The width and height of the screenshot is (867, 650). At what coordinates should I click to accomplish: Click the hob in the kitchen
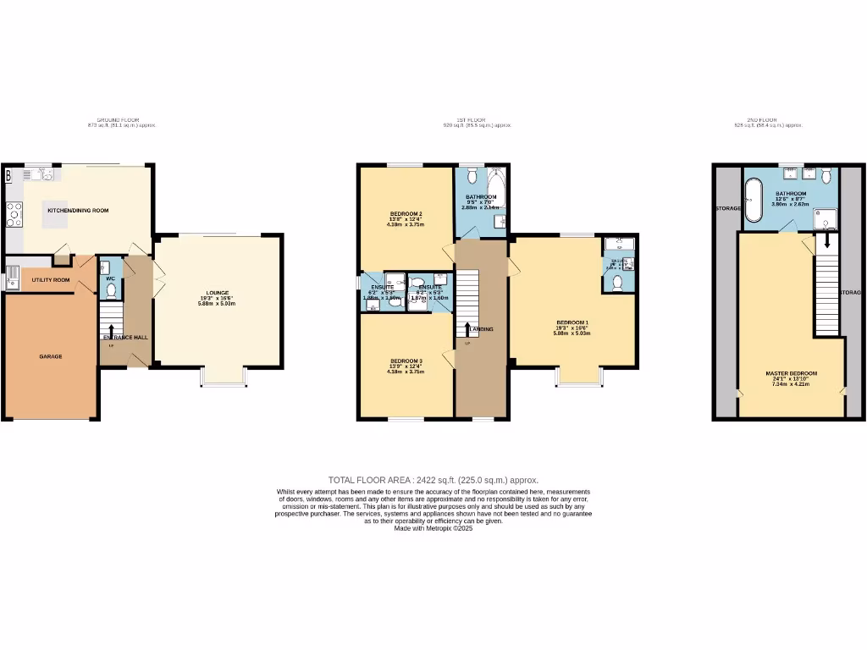(14, 216)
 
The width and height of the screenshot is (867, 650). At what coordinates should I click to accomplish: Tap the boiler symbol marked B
(8, 176)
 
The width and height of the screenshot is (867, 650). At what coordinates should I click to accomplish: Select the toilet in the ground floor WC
(111, 289)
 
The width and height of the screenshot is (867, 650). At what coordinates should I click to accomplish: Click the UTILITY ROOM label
(51, 279)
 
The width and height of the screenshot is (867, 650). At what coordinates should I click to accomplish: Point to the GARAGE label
(51, 356)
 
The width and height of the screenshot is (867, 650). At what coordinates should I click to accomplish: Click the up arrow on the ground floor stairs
(111, 328)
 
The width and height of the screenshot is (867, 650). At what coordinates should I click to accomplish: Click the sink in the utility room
(12, 277)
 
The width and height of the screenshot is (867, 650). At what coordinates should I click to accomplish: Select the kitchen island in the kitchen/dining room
(55, 216)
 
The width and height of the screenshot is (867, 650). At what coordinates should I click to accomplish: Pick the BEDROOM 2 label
(406, 213)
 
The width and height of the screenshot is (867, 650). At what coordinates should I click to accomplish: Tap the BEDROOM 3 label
(406, 361)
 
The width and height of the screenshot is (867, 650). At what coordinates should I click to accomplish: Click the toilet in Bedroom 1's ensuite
(618, 283)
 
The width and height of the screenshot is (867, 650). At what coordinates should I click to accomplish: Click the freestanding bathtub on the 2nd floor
(754, 200)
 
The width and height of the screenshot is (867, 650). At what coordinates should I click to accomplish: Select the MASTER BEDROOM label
(791, 373)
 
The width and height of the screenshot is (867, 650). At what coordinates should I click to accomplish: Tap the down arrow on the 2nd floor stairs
(826, 243)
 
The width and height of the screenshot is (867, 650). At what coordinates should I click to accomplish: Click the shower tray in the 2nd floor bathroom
(825, 220)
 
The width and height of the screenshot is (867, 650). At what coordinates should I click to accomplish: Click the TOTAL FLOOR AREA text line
(433, 480)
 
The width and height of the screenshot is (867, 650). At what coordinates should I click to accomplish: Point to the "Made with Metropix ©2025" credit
(433, 528)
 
